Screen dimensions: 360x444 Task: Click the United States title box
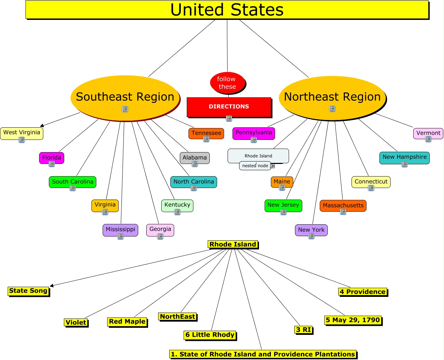pos(227,10)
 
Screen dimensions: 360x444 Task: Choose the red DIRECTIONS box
pos(229,107)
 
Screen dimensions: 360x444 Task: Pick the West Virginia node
pos(22,133)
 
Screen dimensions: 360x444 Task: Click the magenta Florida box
pos(52,158)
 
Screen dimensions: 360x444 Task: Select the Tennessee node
pos(206,133)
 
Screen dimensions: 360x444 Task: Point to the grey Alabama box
pos(195,158)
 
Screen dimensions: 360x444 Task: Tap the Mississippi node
pos(120,230)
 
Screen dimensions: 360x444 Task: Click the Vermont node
pos(428,133)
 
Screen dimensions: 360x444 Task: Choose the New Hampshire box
pos(405,157)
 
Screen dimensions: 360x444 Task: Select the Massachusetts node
pos(343,205)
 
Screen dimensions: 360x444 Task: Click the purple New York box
pos(311,230)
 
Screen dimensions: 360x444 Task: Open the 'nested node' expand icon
pos(273,166)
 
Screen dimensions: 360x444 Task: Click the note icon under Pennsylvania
pos(254,140)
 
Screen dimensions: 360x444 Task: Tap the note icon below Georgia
pos(160,237)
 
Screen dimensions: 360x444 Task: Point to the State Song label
pos(28,291)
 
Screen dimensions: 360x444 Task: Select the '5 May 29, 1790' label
pos(353,320)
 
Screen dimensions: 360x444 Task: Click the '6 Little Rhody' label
pos(210,335)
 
